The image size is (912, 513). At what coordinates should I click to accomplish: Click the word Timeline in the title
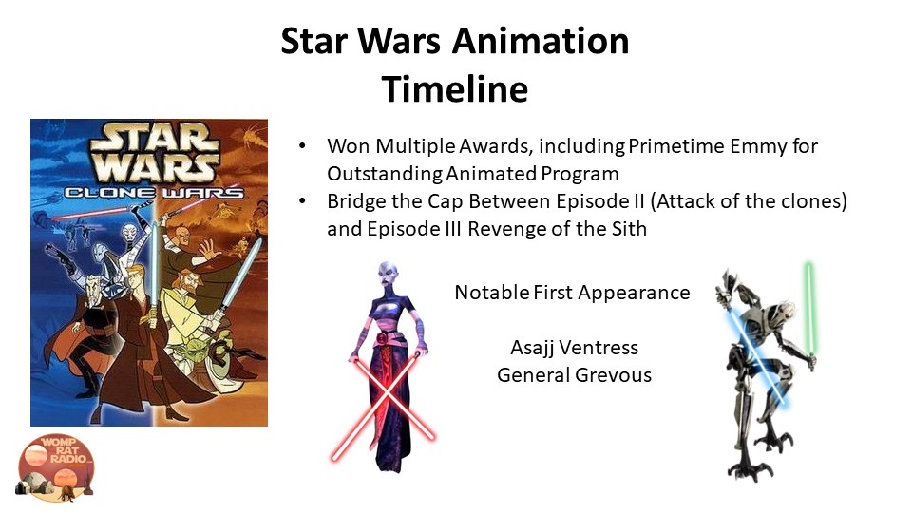455,89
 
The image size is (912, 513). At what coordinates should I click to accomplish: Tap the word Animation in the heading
541,41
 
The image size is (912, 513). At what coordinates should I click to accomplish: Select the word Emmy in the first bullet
758,146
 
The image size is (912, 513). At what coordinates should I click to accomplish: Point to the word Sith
629,229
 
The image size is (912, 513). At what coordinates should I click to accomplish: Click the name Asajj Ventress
574,348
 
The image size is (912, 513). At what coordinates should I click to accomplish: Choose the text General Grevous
574,375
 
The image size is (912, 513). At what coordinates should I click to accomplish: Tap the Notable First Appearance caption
572,293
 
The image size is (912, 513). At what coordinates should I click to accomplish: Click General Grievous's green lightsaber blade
809,307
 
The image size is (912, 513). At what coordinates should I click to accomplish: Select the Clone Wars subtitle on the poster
154,192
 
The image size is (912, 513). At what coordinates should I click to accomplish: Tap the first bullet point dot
302,146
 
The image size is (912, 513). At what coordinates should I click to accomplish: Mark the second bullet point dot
302,201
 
